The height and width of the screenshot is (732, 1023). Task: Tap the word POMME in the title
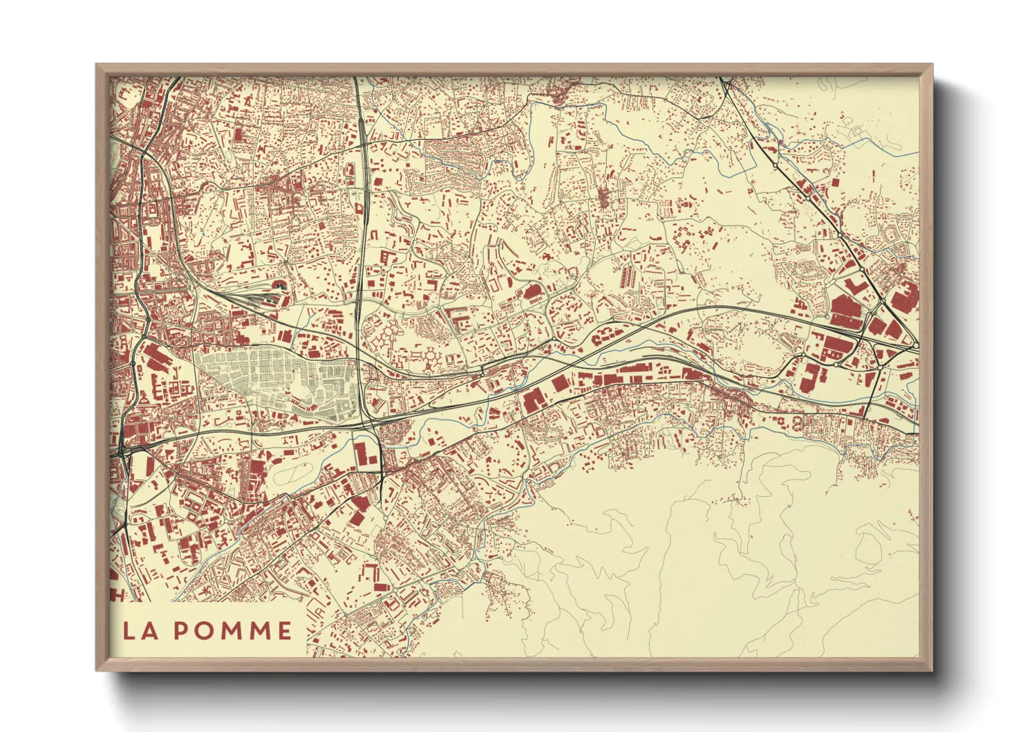(x=232, y=630)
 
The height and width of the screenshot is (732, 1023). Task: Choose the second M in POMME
(x=260, y=630)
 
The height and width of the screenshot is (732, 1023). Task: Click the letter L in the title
(x=129, y=630)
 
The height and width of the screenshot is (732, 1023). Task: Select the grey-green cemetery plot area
(x=276, y=381)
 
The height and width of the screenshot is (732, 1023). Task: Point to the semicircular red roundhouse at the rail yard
(x=280, y=285)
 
